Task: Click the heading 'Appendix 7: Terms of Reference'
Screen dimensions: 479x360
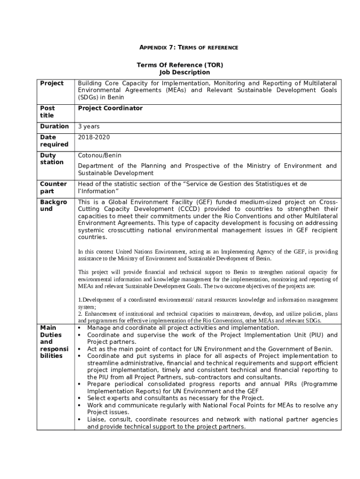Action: pyautogui.click(x=189, y=48)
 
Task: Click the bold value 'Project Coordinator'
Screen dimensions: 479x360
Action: pyautogui.click(x=110, y=108)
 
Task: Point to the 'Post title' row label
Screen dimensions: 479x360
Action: pyautogui.click(x=47, y=112)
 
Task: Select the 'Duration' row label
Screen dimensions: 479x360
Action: pyautogui.click(x=54, y=126)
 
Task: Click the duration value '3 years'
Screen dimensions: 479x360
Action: pyautogui.click(x=88, y=126)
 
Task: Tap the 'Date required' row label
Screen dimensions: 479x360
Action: pyautogui.click(x=54, y=141)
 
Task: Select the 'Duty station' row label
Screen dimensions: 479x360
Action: pyautogui.click(x=51, y=159)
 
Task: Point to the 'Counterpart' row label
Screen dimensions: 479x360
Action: pyautogui.click(x=53, y=188)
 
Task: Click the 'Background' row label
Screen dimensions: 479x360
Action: pyautogui.click(x=53, y=205)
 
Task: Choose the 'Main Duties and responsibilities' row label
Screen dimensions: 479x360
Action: pyautogui.click(x=54, y=342)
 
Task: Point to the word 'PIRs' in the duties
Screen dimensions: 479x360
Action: pyautogui.click(x=291, y=384)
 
